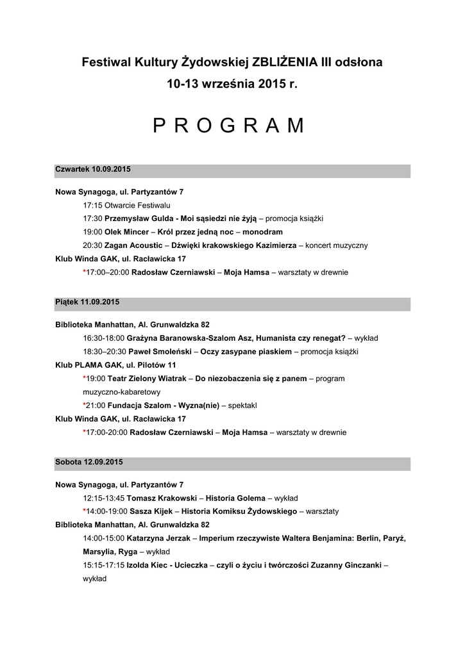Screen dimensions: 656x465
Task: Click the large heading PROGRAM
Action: click(229, 126)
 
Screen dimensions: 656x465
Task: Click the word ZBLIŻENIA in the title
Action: click(284, 63)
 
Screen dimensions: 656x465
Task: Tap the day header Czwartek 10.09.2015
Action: click(93, 169)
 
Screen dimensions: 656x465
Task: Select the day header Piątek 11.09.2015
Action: click(87, 302)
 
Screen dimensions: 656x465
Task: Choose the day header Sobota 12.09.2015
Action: click(89, 462)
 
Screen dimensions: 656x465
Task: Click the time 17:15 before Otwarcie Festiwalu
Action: click(93, 205)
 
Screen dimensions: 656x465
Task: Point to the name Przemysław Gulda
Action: click(140, 218)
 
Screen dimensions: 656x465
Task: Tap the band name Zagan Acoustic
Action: click(133, 245)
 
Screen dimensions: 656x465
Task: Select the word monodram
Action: click(262, 232)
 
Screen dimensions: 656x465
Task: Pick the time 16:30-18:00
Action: click(103, 338)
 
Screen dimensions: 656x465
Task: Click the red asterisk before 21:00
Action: click(85, 406)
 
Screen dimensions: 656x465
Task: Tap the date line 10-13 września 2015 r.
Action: click(232, 84)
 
